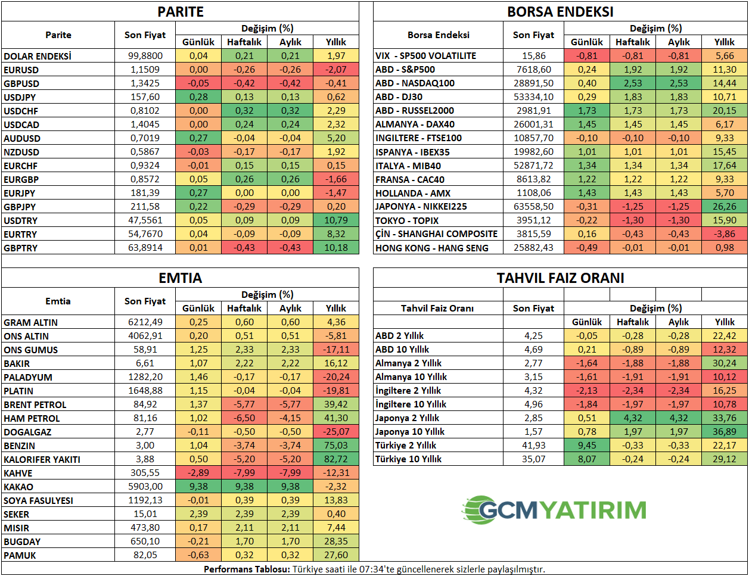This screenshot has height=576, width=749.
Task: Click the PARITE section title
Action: coord(181,12)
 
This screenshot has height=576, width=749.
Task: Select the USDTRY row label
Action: coord(21,220)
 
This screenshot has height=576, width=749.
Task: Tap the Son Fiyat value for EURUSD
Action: coord(145,70)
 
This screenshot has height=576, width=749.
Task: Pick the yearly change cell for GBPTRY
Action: coord(336,248)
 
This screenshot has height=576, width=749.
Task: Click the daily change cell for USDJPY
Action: coord(198,97)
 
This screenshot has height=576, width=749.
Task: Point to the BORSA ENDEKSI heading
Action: coord(560,12)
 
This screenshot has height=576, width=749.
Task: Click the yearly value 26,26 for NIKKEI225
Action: coord(725,207)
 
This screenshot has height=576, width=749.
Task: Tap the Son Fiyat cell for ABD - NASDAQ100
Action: coord(533,83)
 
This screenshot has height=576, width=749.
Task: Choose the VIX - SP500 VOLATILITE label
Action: coord(425,56)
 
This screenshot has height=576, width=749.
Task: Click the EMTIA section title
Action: coord(181,278)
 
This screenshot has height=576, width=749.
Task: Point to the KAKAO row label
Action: coord(18,487)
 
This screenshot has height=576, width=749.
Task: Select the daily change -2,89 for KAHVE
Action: coord(198,473)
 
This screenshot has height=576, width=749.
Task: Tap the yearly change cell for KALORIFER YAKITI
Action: coord(336,459)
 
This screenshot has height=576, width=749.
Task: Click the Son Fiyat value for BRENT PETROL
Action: coord(145,404)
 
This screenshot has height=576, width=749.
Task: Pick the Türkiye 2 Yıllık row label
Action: coord(406,446)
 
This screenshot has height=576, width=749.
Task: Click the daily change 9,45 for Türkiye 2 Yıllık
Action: coord(587,446)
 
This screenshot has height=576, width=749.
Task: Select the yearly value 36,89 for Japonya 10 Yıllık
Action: coord(725,432)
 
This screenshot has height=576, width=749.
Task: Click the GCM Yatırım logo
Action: coord(554,510)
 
